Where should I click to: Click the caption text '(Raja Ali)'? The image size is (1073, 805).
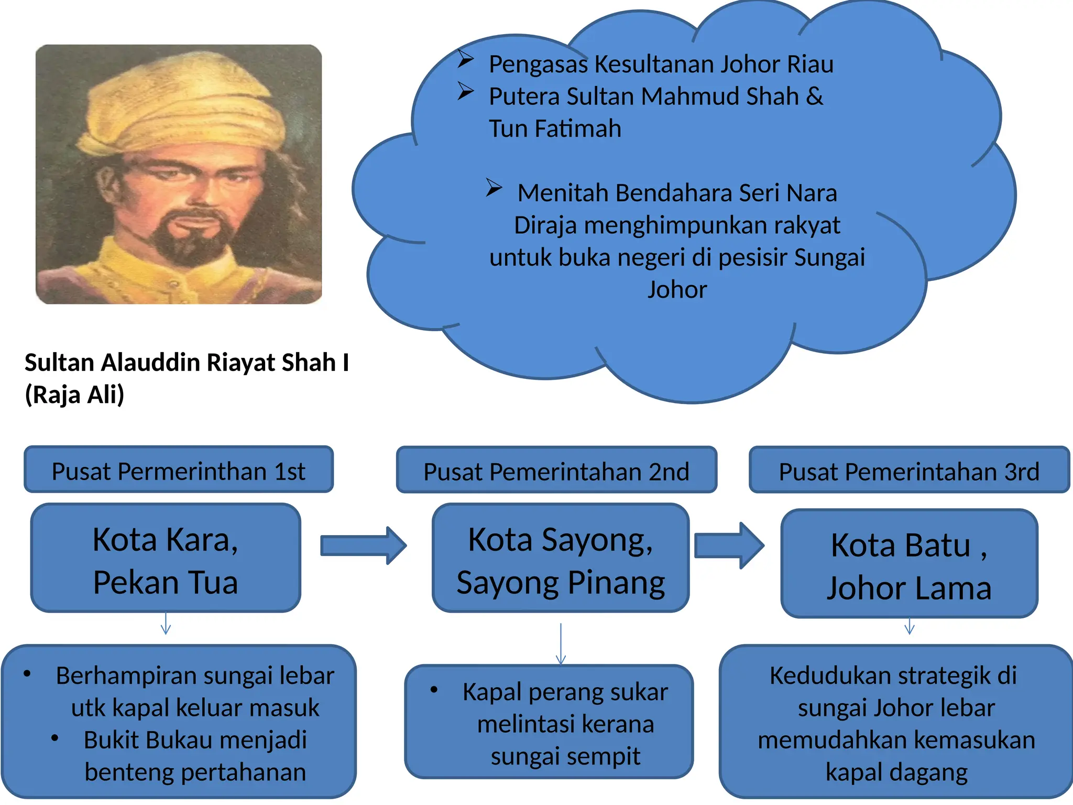[74, 395]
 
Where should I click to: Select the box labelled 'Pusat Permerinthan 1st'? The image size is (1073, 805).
[178, 470]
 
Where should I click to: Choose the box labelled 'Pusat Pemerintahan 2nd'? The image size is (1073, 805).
[556, 471]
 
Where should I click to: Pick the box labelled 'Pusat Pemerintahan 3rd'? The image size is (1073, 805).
[908, 471]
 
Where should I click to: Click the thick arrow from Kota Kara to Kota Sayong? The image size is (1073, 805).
[363, 546]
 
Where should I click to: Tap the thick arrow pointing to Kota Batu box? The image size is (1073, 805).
[729, 546]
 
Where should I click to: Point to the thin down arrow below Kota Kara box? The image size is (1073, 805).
[166, 624]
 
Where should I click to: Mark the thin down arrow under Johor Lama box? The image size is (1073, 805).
[910, 626]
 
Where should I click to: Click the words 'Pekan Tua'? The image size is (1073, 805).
[166, 582]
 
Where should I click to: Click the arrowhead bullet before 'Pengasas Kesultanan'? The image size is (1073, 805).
[465, 59]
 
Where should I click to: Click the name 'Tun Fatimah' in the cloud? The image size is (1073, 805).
[555, 128]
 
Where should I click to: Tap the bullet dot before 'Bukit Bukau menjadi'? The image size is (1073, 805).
[55, 738]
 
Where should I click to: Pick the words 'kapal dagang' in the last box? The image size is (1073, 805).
[896, 772]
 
